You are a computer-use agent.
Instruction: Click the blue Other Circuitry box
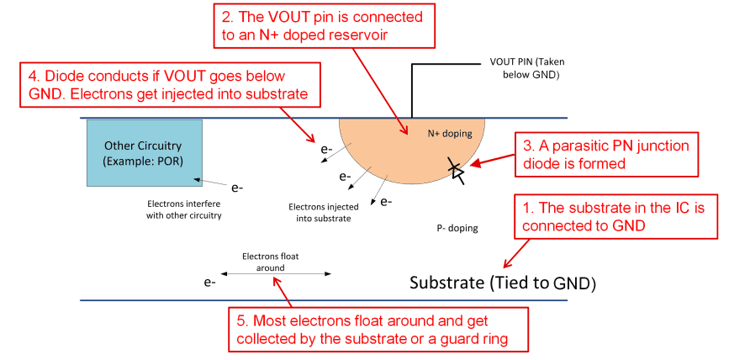pyautogui.click(x=144, y=152)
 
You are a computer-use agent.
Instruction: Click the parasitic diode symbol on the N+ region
pyautogui.click(x=457, y=170)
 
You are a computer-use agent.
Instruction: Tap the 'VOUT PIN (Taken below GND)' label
pyautogui.click(x=529, y=67)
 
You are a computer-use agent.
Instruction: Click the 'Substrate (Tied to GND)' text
pyautogui.click(x=502, y=283)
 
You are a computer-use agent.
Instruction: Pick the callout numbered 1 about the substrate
pyautogui.click(x=617, y=214)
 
